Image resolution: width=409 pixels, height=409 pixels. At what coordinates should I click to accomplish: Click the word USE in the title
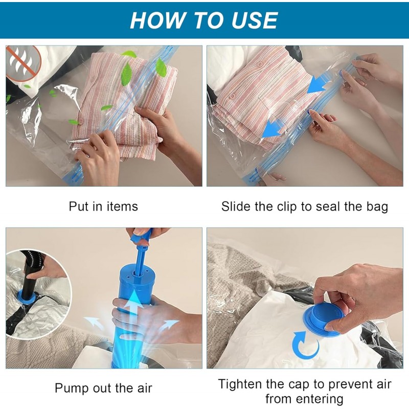(254, 20)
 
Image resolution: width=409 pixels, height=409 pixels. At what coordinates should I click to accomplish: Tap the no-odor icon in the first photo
(24, 63)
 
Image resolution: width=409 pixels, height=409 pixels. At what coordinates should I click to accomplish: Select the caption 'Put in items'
(103, 207)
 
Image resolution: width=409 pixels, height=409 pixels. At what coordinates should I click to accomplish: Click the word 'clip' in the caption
(287, 207)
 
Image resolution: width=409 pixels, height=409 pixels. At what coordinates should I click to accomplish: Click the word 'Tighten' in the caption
(240, 384)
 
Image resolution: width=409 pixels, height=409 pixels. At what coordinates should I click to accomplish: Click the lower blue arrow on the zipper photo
(272, 127)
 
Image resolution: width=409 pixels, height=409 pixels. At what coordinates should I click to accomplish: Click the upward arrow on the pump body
(134, 305)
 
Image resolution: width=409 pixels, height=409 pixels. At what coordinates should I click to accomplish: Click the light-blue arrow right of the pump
(170, 324)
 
